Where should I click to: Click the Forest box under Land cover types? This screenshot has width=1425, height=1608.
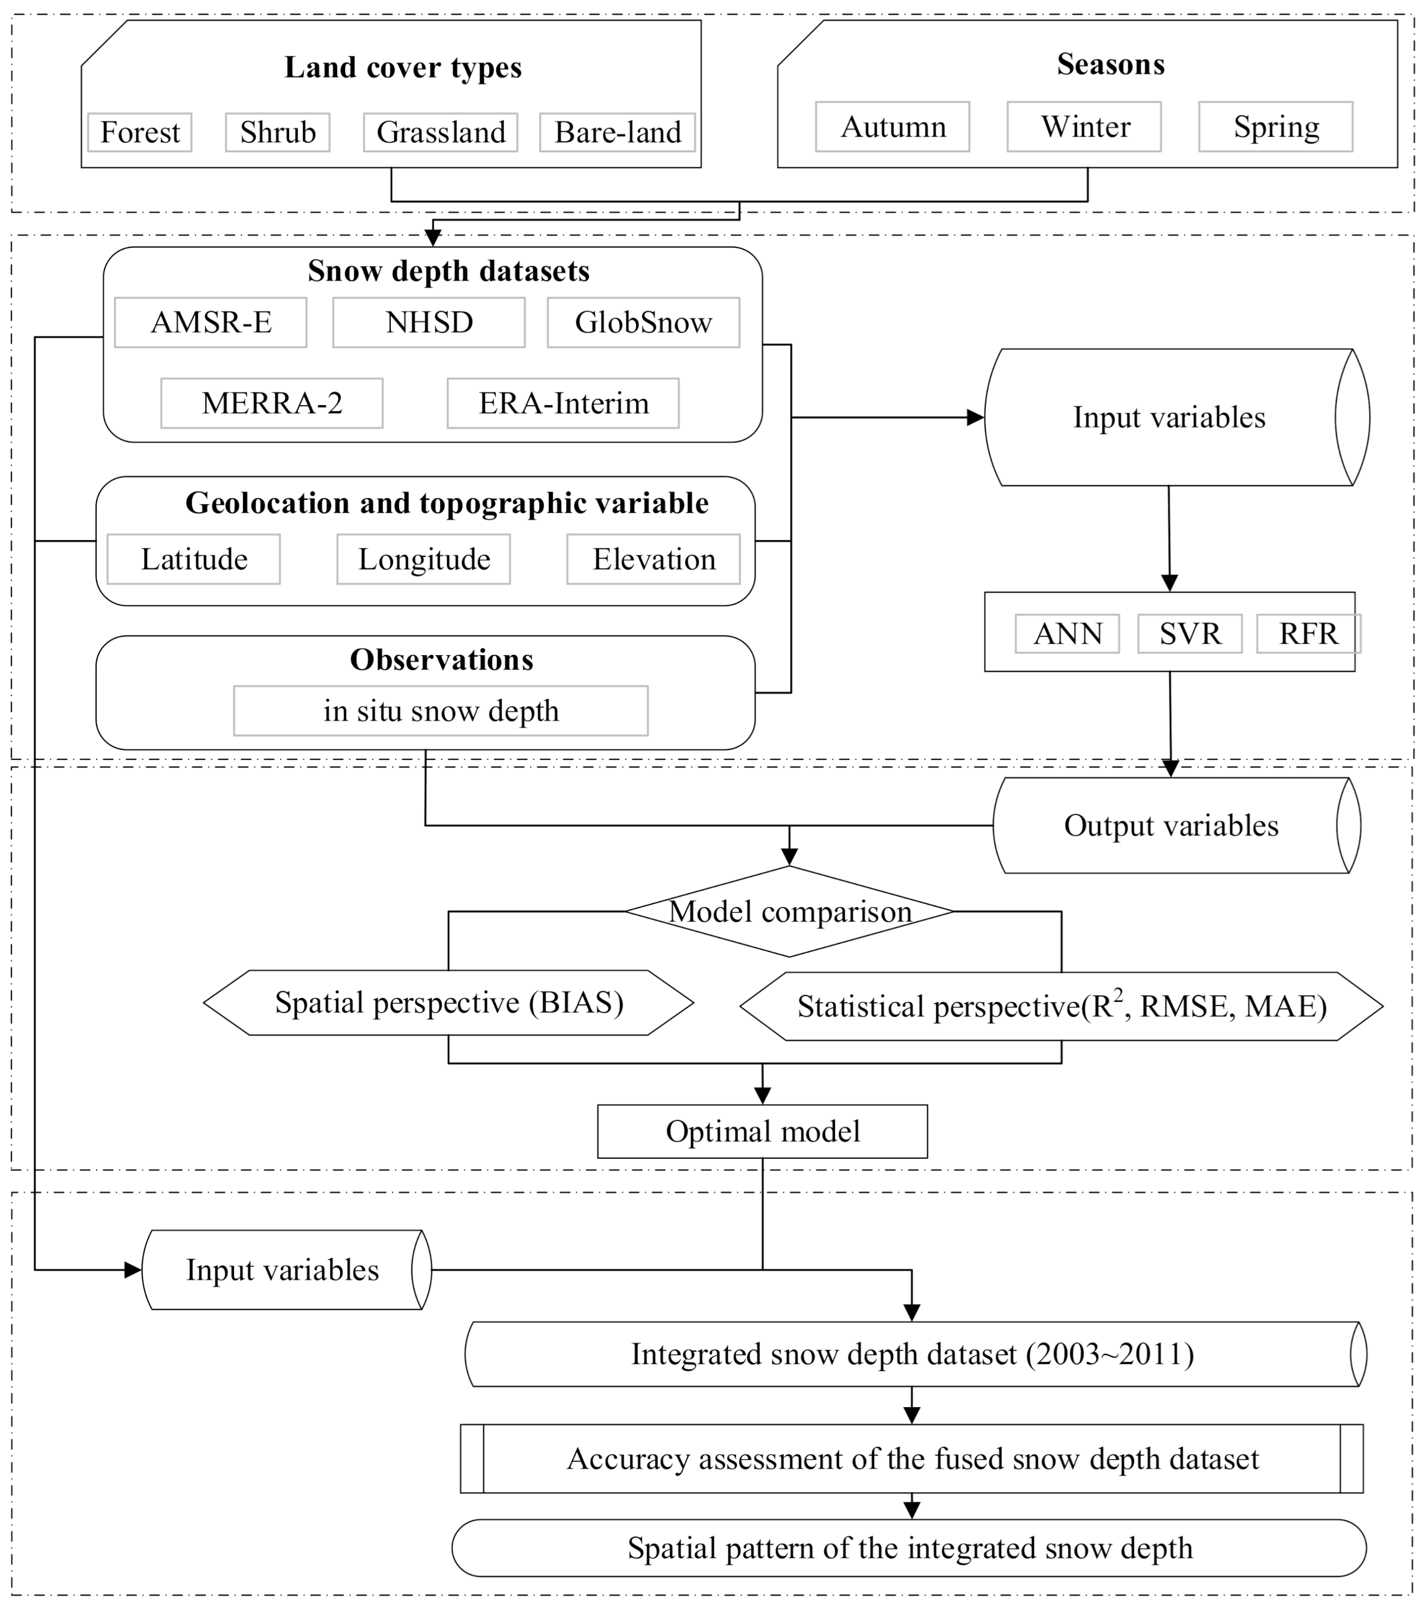tap(140, 132)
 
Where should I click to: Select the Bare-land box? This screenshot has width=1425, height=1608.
tap(618, 132)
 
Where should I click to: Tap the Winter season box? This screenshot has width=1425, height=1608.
tap(1084, 127)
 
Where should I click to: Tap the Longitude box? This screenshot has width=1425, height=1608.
tap(423, 560)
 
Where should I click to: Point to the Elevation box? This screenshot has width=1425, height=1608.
tap(653, 560)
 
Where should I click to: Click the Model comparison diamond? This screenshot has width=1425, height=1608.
tap(789, 912)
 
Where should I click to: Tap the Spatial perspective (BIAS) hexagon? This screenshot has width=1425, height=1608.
tap(448, 1003)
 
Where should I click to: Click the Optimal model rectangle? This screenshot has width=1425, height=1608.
tap(762, 1131)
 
